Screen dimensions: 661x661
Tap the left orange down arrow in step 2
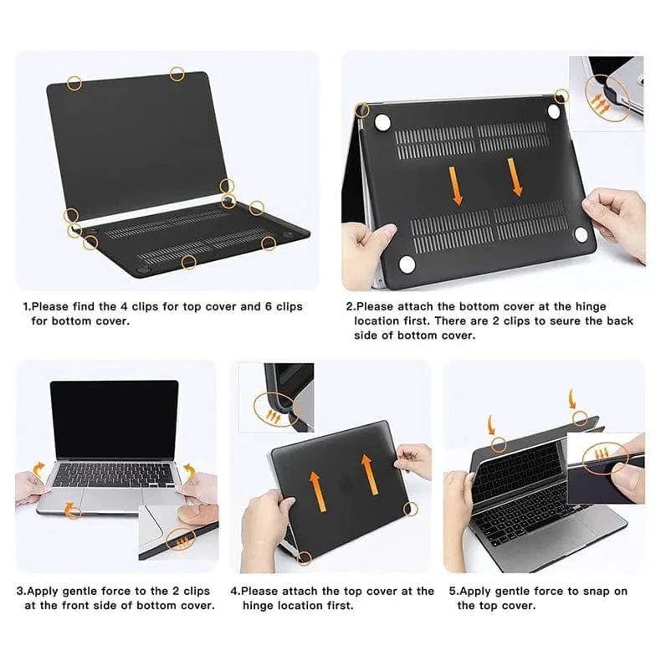457,184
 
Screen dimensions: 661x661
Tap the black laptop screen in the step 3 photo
114,418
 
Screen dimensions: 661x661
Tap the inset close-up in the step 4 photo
276,397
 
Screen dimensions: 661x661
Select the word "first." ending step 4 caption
337,605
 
